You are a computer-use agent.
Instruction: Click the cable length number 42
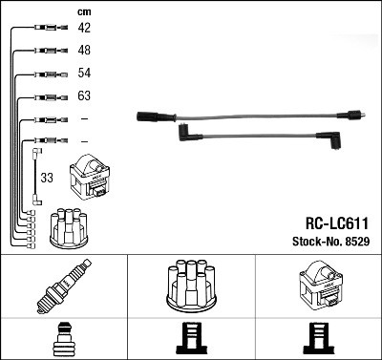84,29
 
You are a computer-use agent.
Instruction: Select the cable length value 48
84,51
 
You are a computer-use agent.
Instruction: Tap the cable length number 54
84,74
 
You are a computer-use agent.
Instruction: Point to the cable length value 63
84,96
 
